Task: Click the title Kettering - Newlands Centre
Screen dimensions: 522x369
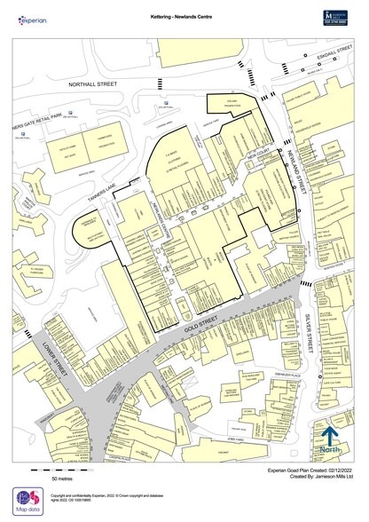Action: [x=181, y=16]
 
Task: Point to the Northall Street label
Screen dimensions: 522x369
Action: [x=94, y=84]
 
